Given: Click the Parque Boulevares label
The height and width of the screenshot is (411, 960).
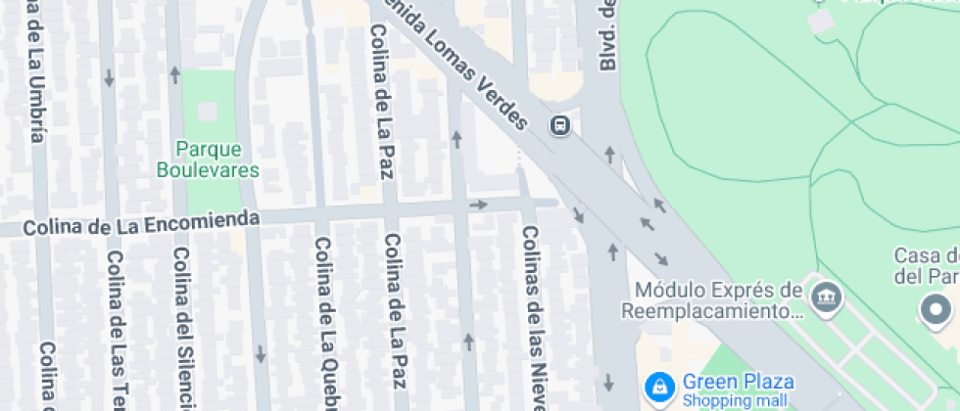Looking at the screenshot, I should click(x=208, y=159).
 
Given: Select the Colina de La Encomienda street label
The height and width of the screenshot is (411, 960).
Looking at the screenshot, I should click(x=141, y=224).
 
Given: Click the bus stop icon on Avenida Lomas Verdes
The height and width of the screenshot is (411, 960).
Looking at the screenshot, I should click(x=560, y=125).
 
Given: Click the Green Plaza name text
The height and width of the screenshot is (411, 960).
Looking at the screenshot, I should click(x=738, y=381).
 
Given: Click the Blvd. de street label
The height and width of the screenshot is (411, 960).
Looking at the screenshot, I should click(x=607, y=35).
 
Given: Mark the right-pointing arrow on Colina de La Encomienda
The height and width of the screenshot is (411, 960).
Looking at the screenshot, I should click(x=478, y=205).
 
